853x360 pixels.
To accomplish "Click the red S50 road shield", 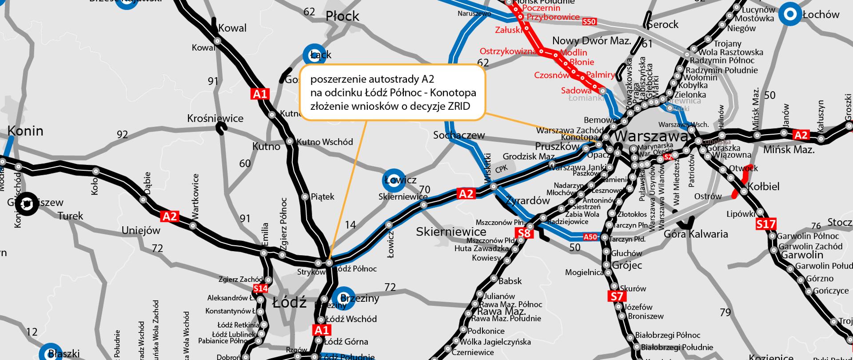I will [x=589, y=21].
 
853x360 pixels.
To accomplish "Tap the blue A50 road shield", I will [x=590, y=237].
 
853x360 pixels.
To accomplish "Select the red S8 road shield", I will [x=524, y=233].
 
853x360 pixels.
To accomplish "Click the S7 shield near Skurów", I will [x=617, y=296].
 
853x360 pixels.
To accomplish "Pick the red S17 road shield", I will [x=765, y=224].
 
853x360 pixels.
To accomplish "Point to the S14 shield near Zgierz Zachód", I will [x=261, y=288].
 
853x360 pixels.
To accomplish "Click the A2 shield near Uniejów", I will [x=170, y=216].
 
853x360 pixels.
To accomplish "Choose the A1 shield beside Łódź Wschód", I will [x=322, y=330].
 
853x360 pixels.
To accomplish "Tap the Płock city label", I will [x=342, y=16].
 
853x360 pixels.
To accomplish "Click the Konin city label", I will [x=25, y=131].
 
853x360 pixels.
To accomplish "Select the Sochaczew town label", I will [x=459, y=135].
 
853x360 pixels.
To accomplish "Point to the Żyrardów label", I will [x=527, y=200].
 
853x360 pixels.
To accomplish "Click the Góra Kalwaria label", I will [x=696, y=234].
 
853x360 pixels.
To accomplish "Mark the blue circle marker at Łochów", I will [x=790, y=15].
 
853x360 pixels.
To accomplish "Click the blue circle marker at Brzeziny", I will [x=343, y=298].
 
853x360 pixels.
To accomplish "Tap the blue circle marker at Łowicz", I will [x=394, y=180].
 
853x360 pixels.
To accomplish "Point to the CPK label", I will [x=501, y=169].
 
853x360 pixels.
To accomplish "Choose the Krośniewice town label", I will [x=215, y=118].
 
